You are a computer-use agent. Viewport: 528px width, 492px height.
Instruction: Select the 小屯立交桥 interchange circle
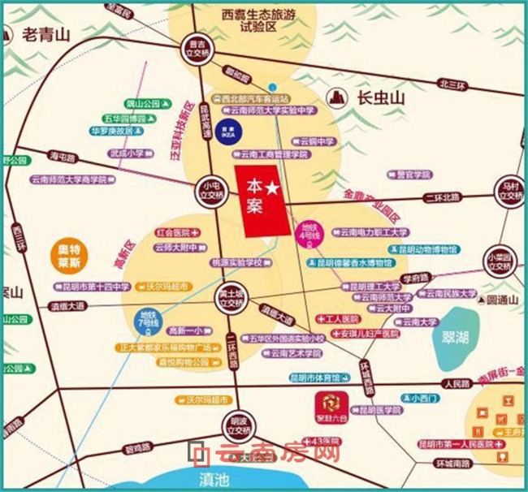point(210,190)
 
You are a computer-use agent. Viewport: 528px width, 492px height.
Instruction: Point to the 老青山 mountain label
point(46,35)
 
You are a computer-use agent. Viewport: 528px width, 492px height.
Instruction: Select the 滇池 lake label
point(215,478)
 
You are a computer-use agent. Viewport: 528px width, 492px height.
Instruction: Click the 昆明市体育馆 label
point(319,378)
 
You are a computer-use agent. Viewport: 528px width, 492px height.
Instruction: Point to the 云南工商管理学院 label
point(271,153)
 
